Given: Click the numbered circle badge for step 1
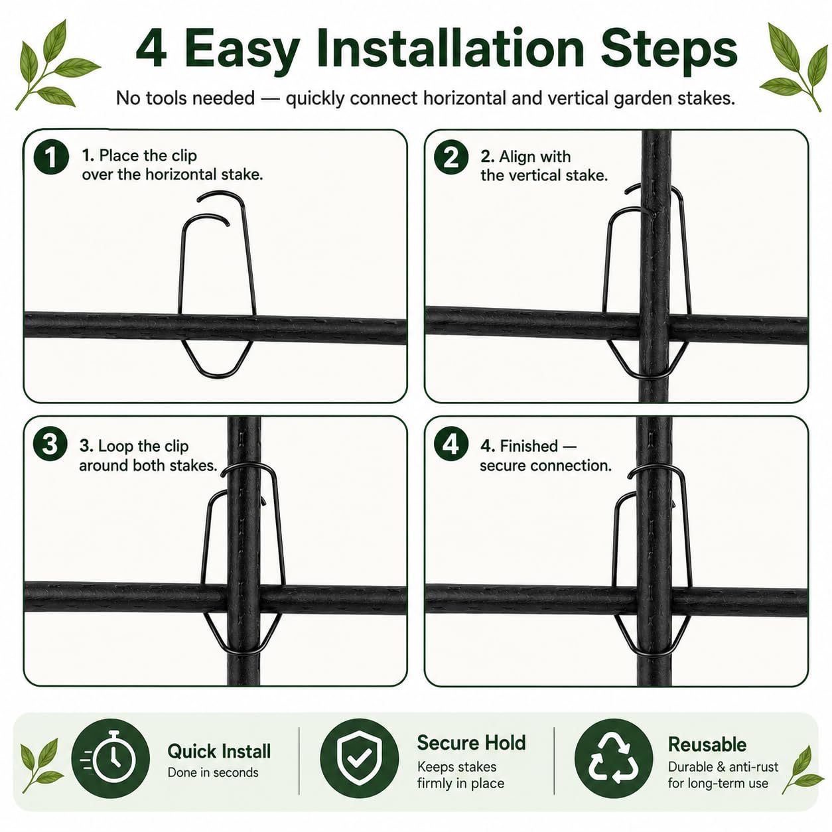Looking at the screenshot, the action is pos(51,157).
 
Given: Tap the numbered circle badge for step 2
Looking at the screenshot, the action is pos(451,157).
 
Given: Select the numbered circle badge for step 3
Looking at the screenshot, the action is pos(50,444).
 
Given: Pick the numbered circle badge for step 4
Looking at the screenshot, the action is pos(451,444).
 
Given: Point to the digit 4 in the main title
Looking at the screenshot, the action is pos(151,49).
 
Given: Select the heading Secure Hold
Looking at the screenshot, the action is pos(471,742).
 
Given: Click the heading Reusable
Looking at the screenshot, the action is pos(707,744).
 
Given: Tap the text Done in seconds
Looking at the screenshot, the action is pos(213,772).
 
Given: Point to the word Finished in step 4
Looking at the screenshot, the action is pos(529,446).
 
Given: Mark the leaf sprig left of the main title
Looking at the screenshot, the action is pos(58,65).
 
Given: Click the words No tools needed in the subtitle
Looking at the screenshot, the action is pos(185,98).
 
